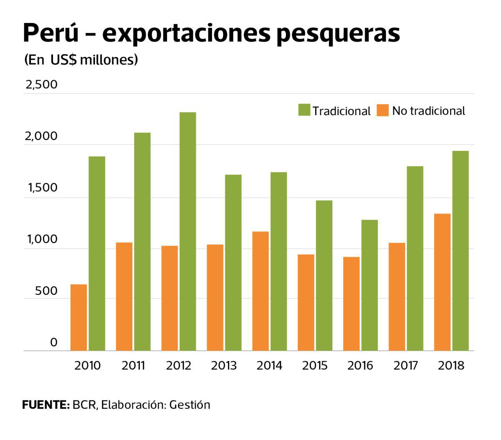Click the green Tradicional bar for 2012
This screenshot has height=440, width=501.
[187, 231]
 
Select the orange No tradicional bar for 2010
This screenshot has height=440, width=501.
[78, 317]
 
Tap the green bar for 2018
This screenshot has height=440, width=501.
[461, 251]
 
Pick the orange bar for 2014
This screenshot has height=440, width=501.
[261, 291]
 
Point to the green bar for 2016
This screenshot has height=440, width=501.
[369, 285]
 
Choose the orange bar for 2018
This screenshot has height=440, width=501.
[442, 282]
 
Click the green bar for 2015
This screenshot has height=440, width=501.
[324, 276]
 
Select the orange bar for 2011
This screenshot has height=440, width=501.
[124, 297]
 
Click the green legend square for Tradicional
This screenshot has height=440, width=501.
[304, 111]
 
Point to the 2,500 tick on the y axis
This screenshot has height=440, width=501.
[41, 85]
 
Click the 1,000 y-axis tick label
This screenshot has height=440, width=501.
[41, 239]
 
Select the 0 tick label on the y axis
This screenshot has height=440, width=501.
[53, 342]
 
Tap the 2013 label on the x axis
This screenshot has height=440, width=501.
[223, 366]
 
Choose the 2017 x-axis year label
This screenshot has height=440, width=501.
[405, 366]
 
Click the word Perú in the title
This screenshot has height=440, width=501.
[51, 33]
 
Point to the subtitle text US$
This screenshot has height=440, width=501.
[63, 60]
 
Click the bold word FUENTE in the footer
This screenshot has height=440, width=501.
[45, 405]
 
